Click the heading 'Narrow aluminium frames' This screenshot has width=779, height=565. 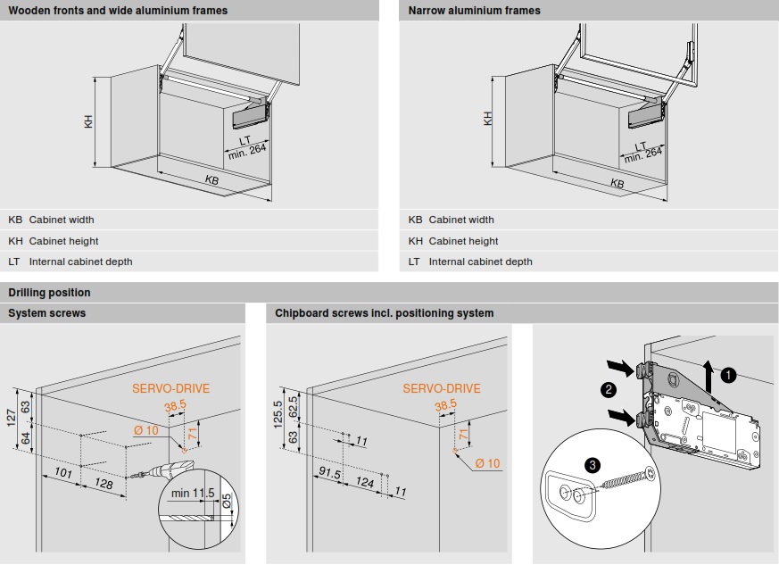(x=474, y=11)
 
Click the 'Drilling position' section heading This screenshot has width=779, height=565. (x=49, y=293)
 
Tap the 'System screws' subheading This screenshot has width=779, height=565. (x=46, y=313)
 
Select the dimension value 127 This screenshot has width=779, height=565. (x=12, y=418)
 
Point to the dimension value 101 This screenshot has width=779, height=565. (x=63, y=472)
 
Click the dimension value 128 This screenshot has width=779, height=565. (x=104, y=483)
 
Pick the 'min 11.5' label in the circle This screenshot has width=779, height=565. (x=193, y=493)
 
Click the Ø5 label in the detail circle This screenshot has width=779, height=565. (x=227, y=501)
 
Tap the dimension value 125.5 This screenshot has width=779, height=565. (x=278, y=414)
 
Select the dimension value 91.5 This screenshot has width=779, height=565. (x=329, y=472)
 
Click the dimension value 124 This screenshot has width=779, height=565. (x=365, y=481)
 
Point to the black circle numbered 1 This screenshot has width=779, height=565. (x=728, y=375)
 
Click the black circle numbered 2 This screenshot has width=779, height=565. (x=609, y=389)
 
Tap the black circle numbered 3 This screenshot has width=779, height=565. (x=593, y=466)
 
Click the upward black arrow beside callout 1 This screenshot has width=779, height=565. (x=709, y=376)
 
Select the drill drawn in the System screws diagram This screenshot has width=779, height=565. (x=165, y=469)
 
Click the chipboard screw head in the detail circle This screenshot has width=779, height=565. (x=649, y=474)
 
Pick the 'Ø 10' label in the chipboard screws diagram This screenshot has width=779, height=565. (x=487, y=463)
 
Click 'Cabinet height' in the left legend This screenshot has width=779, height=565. (x=63, y=241)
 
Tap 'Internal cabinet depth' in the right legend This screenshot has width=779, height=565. (x=480, y=262)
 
